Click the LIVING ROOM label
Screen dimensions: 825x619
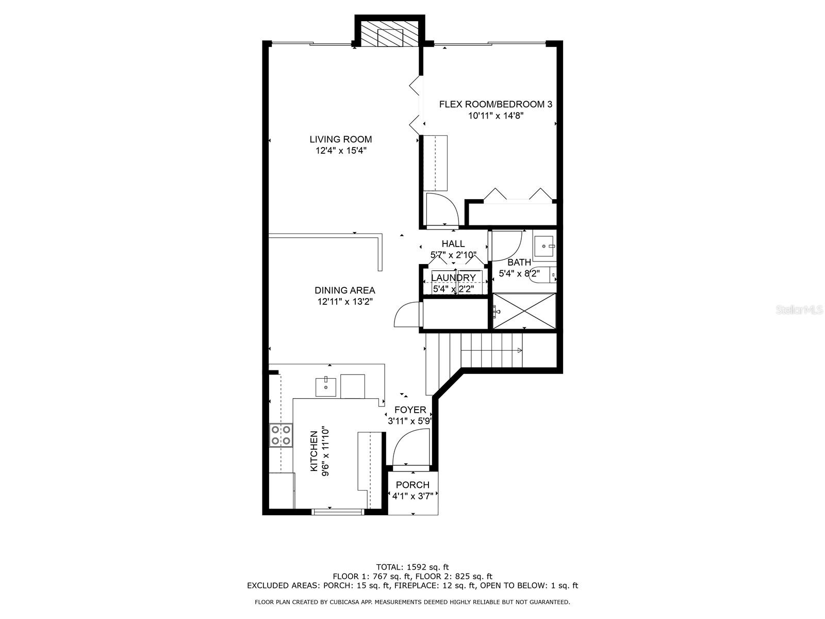(x=340, y=139)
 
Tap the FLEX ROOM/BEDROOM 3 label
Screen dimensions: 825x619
(x=496, y=104)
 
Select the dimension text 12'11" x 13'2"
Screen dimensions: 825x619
(x=344, y=302)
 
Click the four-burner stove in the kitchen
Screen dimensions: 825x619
(x=281, y=435)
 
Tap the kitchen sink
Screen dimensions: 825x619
(x=325, y=386)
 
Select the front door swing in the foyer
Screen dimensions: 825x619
(x=410, y=447)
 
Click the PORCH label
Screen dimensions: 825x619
(x=412, y=485)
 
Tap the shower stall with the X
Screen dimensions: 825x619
(x=524, y=311)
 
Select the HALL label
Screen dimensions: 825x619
(x=453, y=243)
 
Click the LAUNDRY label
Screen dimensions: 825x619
(x=453, y=278)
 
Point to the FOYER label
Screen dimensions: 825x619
(x=410, y=410)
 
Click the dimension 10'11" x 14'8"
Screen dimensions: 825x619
(x=496, y=116)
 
